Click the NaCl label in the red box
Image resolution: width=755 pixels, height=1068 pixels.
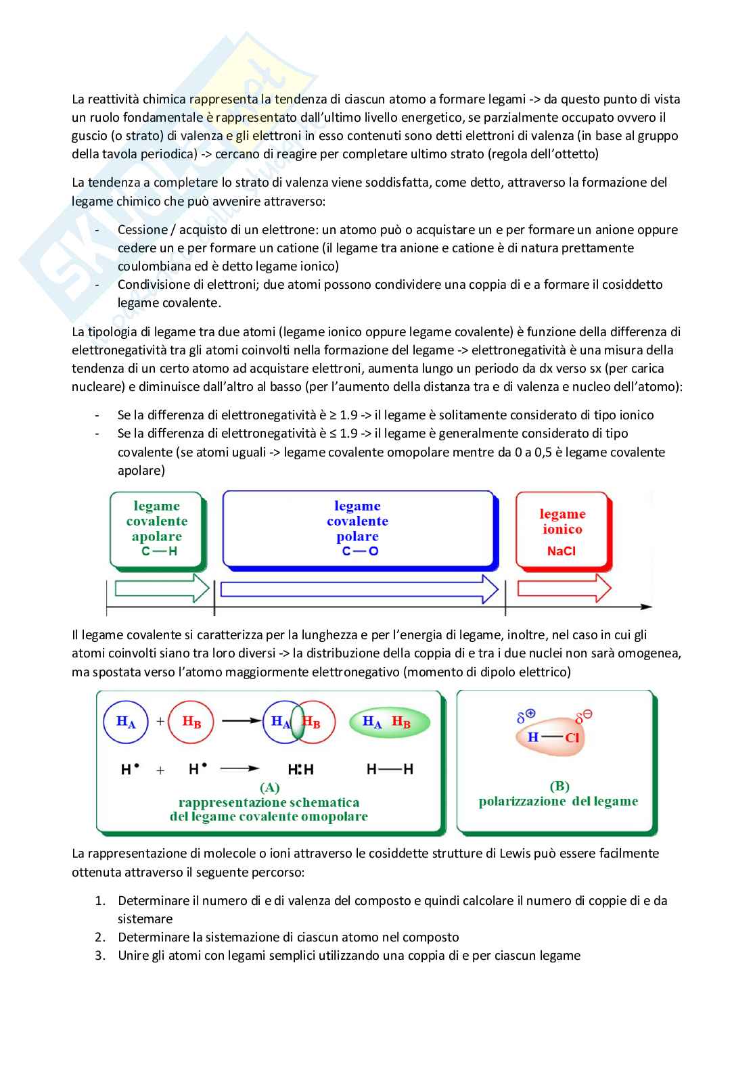click(x=561, y=551)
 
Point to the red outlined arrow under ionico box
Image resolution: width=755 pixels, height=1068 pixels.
click(x=564, y=588)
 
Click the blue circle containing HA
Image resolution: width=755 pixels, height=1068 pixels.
click(x=126, y=722)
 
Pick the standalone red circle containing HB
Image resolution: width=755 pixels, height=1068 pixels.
click(x=191, y=722)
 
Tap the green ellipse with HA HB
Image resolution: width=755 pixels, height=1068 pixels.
click(x=389, y=722)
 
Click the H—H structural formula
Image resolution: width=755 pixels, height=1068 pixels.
click(x=390, y=769)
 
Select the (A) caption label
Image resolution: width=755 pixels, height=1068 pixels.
click(x=269, y=787)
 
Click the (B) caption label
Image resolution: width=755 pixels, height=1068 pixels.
click(x=559, y=786)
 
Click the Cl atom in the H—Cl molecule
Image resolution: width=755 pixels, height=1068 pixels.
click(x=572, y=737)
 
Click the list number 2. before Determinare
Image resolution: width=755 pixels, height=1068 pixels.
click(x=101, y=937)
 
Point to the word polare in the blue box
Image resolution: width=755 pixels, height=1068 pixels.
click(x=357, y=536)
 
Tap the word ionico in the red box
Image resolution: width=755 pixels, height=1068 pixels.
click(x=562, y=529)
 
